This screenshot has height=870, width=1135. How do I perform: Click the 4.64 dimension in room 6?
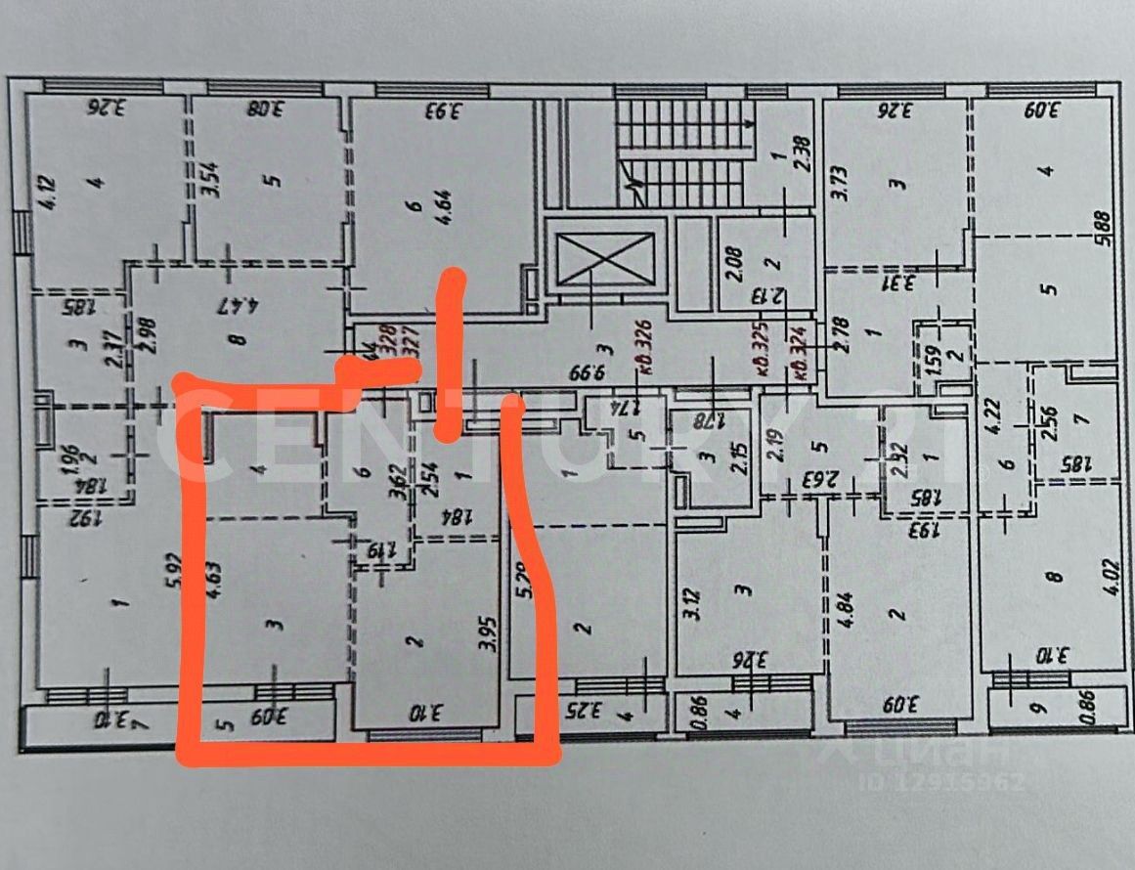tap(446, 211)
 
